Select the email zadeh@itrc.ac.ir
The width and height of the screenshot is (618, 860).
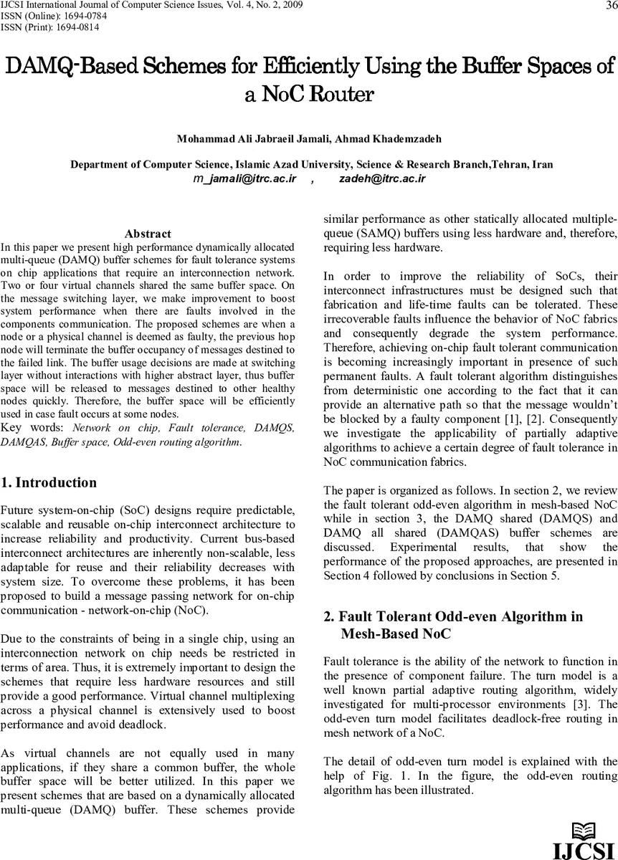click(x=382, y=178)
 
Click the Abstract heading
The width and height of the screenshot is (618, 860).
click(x=148, y=234)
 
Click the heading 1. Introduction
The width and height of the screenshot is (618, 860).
click(x=49, y=482)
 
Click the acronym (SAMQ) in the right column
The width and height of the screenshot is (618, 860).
click(x=368, y=234)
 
